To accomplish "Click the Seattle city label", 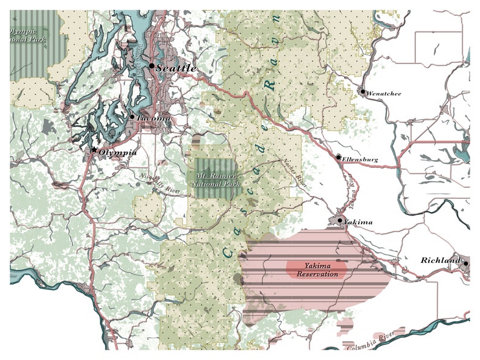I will (x=177, y=68).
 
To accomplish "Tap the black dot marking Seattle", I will (x=152, y=66).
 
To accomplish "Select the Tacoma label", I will (x=154, y=118).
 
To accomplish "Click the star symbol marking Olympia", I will (x=94, y=149).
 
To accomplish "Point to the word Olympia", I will (x=118, y=152).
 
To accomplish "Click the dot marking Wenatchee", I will (x=363, y=92).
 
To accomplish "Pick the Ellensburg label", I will (x=360, y=159).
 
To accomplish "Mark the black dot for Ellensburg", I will (x=339, y=157).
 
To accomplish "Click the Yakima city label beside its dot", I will (x=359, y=222).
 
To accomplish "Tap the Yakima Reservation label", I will (x=317, y=270).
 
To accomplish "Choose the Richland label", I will (x=441, y=260).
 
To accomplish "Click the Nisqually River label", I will (x=160, y=185).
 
